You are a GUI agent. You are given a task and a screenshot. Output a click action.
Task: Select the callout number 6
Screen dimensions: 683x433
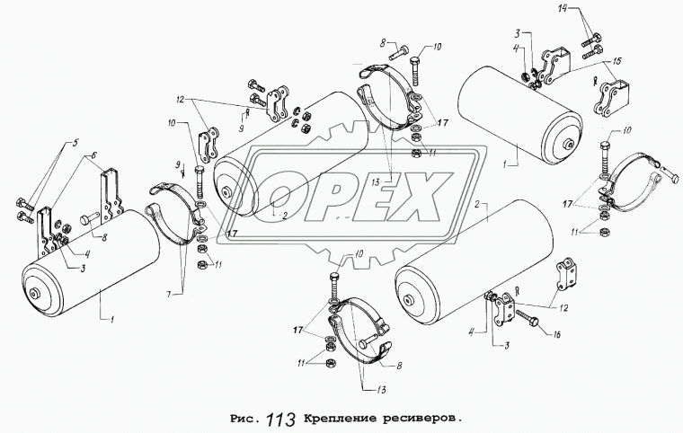[94, 155]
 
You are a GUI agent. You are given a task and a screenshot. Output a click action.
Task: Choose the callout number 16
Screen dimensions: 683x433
[556, 334]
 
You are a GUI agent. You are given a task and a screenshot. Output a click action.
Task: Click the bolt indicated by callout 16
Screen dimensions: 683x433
[528, 317]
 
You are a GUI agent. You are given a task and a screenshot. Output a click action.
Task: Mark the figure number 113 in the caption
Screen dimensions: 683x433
[281, 420]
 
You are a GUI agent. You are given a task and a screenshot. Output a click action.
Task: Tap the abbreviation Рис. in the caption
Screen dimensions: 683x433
[242, 419]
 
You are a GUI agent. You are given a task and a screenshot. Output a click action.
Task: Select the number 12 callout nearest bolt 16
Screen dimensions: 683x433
[563, 308]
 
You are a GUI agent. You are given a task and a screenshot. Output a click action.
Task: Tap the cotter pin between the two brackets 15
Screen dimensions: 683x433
[595, 82]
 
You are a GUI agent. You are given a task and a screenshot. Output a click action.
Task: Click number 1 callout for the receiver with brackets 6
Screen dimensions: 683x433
[112, 321]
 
